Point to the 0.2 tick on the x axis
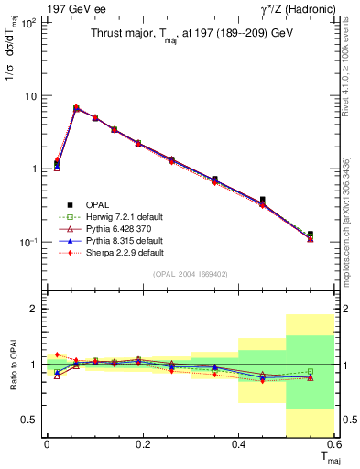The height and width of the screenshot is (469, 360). pyautogui.click(x=142, y=443)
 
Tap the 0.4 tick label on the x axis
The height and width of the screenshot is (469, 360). pyautogui.click(x=238, y=443)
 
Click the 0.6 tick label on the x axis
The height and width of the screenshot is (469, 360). pyautogui.click(x=333, y=443)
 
